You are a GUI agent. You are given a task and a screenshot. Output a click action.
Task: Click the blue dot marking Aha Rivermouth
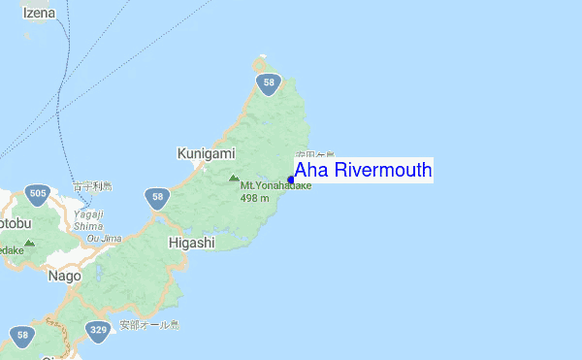click(x=290, y=180)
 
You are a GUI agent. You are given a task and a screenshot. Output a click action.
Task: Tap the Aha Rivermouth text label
click(x=363, y=171)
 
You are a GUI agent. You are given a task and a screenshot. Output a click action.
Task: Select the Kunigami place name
click(x=206, y=153)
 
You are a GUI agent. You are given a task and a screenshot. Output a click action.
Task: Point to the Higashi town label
click(x=191, y=243)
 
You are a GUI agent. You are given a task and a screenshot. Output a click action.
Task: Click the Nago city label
click(x=65, y=277)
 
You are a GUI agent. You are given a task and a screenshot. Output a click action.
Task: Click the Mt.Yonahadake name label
click(x=275, y=186)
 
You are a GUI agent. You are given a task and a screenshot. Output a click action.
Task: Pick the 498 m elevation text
click(x=254, y=198)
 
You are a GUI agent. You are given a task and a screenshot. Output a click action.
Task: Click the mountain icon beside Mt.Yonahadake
click(x=233, y=179)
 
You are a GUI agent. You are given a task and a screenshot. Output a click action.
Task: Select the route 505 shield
click(x=38, y=194)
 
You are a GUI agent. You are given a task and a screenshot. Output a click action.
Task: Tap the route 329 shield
click(x=97, y=331)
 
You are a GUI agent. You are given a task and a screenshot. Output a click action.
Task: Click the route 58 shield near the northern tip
click(x=269, y=85)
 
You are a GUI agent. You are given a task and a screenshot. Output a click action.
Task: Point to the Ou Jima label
click(x=105, y=238)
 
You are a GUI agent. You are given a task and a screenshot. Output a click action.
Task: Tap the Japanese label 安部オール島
click(x=149, y=324)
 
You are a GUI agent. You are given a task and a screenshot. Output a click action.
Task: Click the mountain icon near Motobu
click(x=29, y=243)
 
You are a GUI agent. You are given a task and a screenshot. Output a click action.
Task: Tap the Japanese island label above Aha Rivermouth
click(x=315, y=154)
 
